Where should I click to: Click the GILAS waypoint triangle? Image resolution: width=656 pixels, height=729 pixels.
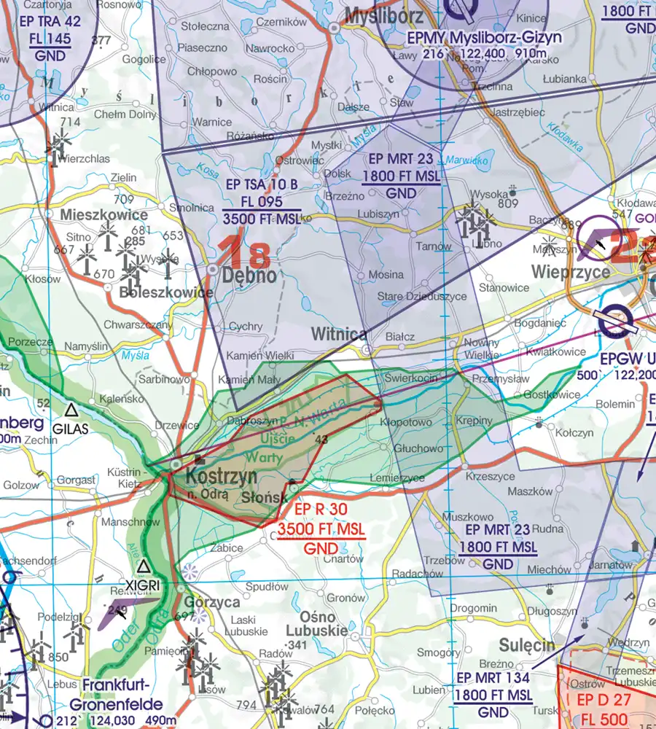click(x=71, y=410)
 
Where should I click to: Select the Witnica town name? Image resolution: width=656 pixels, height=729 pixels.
click(x=339, y=335)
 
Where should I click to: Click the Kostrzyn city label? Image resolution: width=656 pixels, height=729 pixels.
click(x=222, y=476)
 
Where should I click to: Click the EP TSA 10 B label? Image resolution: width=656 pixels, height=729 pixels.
click(x=262, y=184)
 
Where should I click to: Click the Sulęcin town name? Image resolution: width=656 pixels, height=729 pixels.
click(x=527, y=645)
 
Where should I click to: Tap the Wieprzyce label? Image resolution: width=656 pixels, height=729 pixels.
click(x=571, y=272)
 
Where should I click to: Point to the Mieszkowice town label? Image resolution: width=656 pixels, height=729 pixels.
click(x=104, y=215)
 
